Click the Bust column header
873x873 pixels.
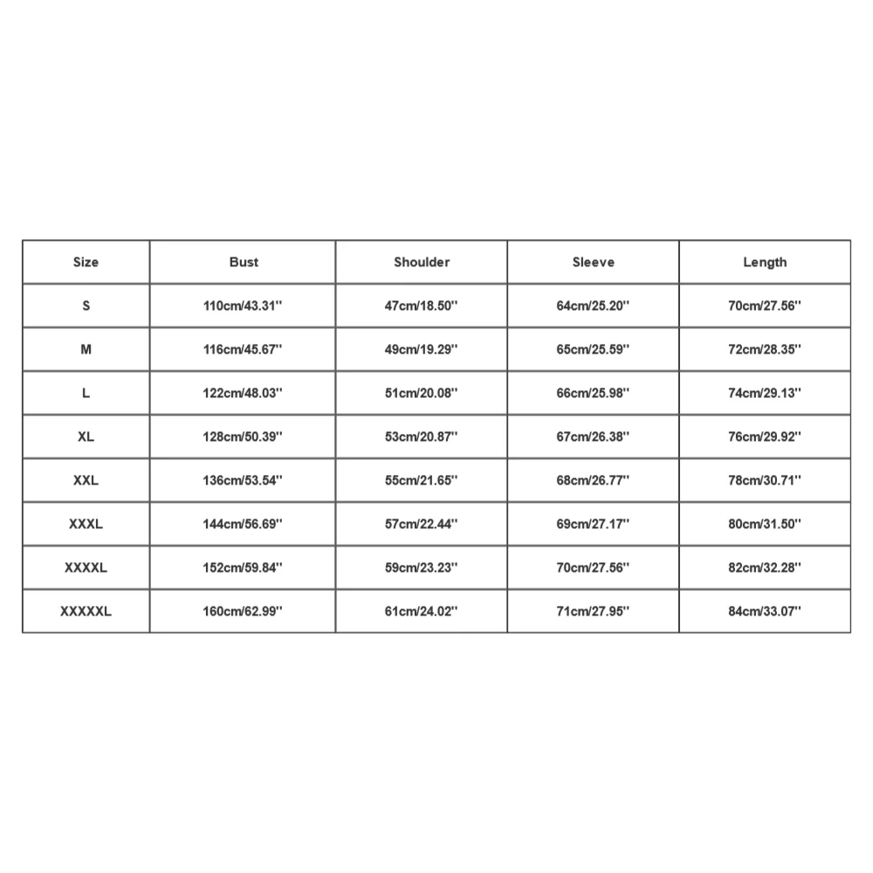pyautogui.click(x=244, y=262)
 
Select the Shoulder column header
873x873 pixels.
pyautogui.click(x=422, y=262)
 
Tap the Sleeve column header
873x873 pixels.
pyautogui.click(x=594, y=262)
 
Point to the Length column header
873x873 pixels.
pyautogui.click(x=765, y=262)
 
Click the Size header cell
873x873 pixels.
pyautogui.click(x=86, y=262)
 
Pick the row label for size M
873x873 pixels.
pyautogui.click(x=86, y=349)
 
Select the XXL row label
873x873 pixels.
pyautogui.click(x=86, y=480)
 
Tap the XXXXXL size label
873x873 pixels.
pyautogui.click(x=86, y=611)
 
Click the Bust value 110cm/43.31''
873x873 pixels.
pyautogui.click(x=244, y=306)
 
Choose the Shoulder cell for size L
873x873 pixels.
pyautogui.click(x=422, y=393)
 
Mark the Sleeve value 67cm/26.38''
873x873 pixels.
pyautogui.click(x=594, y=436)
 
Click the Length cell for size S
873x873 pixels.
pyautogui.click(x=765, y=306)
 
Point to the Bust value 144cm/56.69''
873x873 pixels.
pyautogui.click(x=244, y=524)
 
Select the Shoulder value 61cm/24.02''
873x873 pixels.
pyautogui.click(x=422, y=611)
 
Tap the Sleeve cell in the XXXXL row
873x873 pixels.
pyautogui.click(x=594, y=567)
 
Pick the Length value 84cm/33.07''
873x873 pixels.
pyautogui.click(x=765, y=611)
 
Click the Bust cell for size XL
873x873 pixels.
pyautogui.click(x=244, y=436)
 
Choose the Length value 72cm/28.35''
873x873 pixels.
pyautogui.click(x=765, y=349)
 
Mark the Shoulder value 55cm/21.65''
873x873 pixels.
pyautogui.click(x=422, y=480)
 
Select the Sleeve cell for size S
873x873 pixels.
pyautogui.click(x=594, y=306)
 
